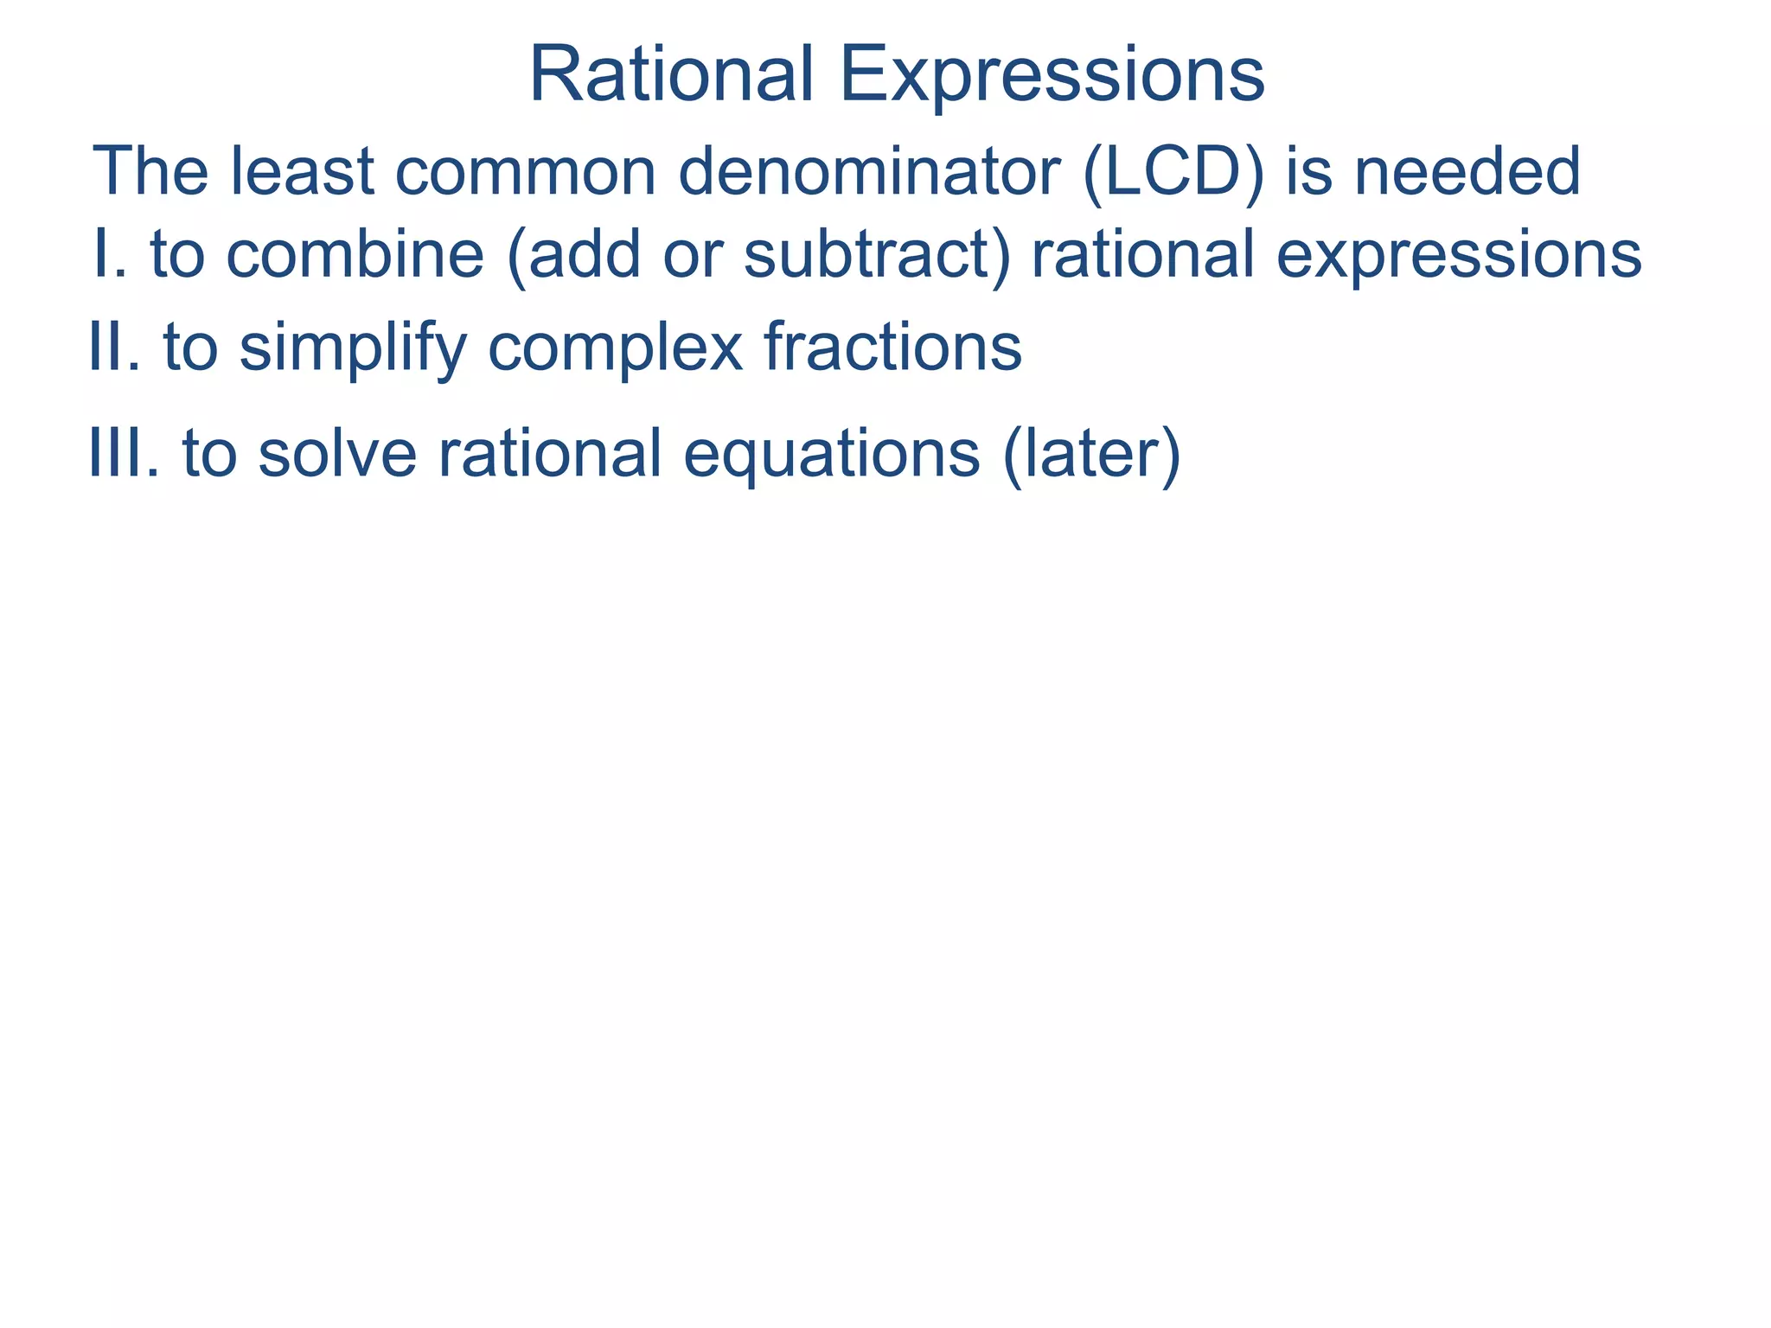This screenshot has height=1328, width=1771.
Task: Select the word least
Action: tap(302, 171)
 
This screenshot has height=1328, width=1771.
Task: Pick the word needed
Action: tap(1467, 171)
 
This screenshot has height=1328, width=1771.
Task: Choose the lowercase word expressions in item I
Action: tap(1458, 257)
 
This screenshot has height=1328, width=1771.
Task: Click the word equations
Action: tap(832, 456)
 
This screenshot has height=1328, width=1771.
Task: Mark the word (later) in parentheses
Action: tap(1091, 456)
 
